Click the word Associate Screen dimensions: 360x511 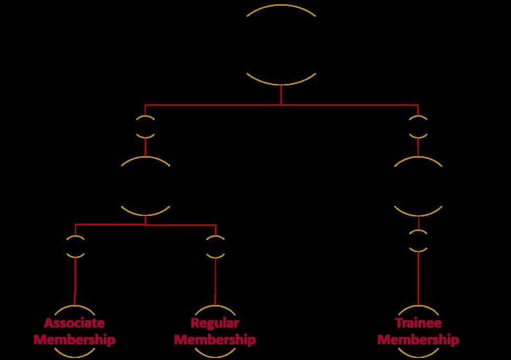pyautogui.click(x=74, y=322)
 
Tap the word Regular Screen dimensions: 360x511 pyautogui.click(x=215, y=322)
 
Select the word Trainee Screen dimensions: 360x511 pyautogui.click(x=418, y=322)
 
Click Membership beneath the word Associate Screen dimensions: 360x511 pyautogui.click(x=74, y=340)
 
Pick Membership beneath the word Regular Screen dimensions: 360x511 pyautogui.click(x=215, y=340)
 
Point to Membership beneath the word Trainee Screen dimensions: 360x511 pyautogui.click(x=418, y=340)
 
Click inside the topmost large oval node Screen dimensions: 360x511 pyautogui.click(x=281, y=45)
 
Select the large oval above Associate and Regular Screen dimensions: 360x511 pyautogui.click(x=146, y=186)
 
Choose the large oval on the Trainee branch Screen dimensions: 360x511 pyautogui.click(x=418, y=186)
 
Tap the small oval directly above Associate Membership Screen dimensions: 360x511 pyautogui.click(x=75, y=246)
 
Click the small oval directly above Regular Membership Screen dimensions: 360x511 pyautogui.click(x=215, y=246)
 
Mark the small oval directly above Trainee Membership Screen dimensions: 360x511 pyautogui.click(x=418, y=241)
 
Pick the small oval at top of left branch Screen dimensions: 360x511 pyautogui.click(x=145, y=127)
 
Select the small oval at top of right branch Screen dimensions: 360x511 pyautogui.click(x=418, y=127)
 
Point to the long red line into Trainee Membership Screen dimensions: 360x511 pyautogui.click(x=418, y=278)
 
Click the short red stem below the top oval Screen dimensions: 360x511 pyautogui.click(x=281, y=95)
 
